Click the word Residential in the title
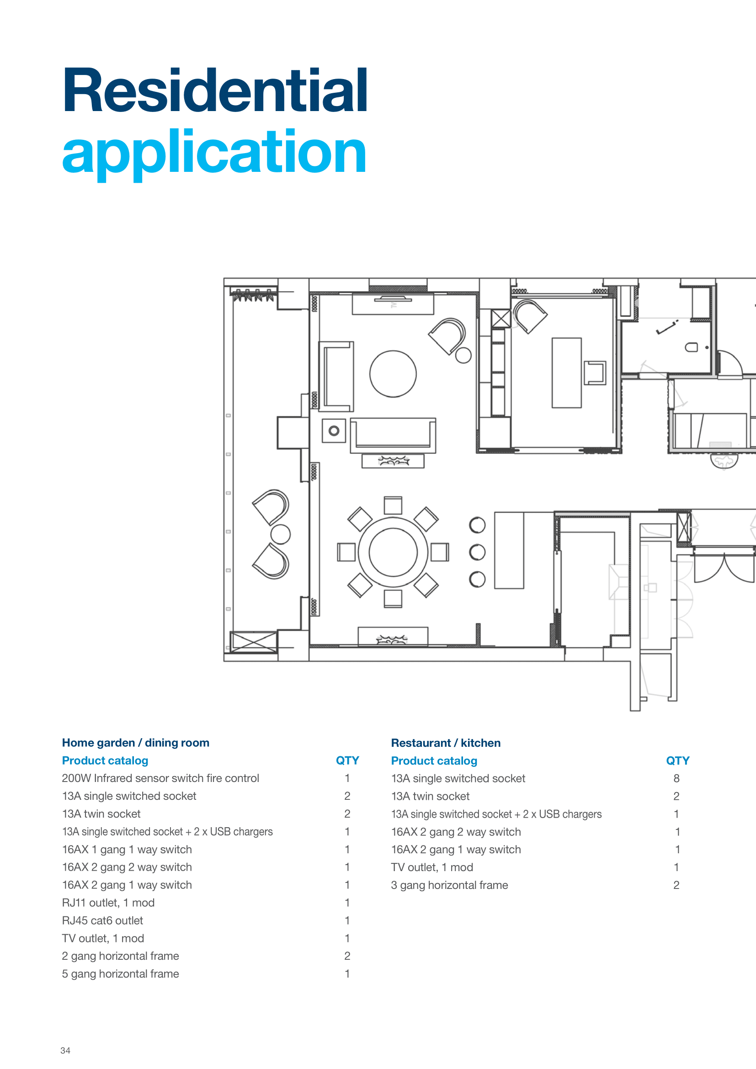[215, 90]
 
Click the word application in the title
[214, 153]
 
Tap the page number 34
[65, 1050]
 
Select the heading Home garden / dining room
[135, 743]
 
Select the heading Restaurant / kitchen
[446, 743]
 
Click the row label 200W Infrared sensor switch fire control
[160, 778]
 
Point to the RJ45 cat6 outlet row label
[102, 920]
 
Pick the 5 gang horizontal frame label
[121, 973]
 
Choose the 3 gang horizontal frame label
[449, 885]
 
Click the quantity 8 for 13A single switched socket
[676, 778]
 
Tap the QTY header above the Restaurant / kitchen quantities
[678, 761]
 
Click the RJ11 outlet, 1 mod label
[108, 903]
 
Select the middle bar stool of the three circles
[477, 552]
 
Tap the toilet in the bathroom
[691, 347]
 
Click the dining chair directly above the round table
[393, 505]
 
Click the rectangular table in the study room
[566, 373]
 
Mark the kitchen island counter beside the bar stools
[509, 550]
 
